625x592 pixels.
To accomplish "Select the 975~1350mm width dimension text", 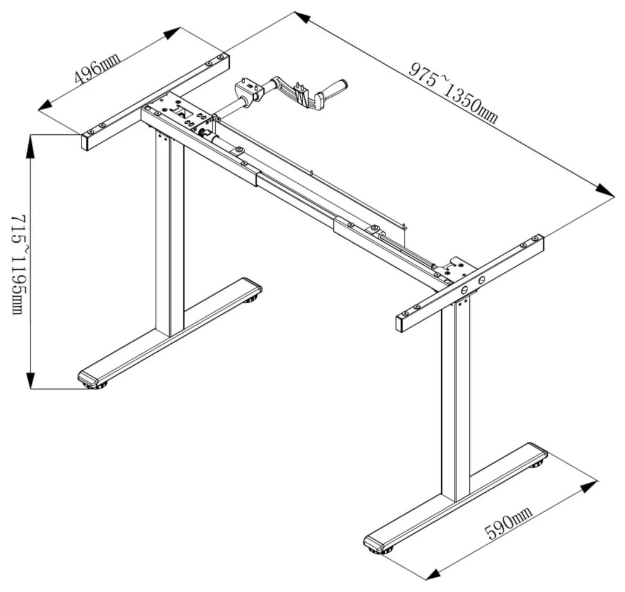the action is [453, 93].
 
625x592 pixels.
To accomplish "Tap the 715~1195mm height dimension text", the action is [18, 265].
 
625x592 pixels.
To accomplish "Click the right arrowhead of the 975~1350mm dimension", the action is [605, 190].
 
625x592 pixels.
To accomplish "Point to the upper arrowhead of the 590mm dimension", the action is [588, 487].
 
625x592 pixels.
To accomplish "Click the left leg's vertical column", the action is [170, 235].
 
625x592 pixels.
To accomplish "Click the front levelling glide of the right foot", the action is [381, 551].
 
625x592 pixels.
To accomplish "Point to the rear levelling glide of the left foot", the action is [252, 299].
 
